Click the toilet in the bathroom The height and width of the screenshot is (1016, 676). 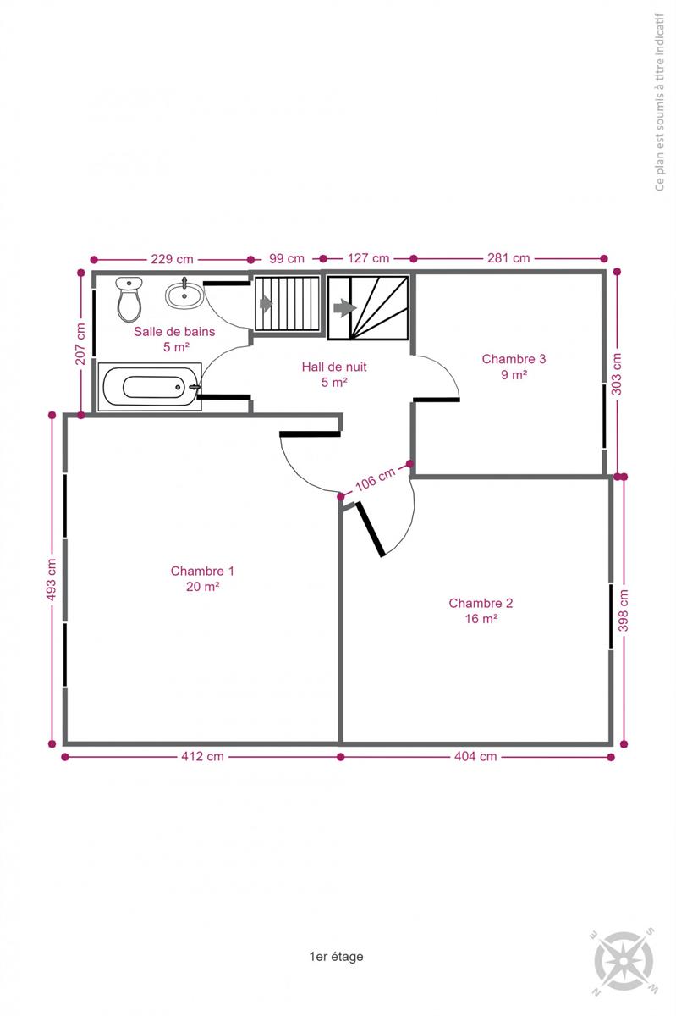[x=129, y=299]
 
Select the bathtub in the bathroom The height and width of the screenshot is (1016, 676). [x=150, y=387]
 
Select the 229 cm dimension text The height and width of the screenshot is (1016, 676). [x=172, y=259]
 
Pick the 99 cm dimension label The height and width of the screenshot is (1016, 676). [x=287, y=258]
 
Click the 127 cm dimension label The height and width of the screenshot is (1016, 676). [x=368, y=258]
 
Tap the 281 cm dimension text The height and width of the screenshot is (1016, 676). [x=508, y=258]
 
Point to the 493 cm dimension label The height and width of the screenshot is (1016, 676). [x=52, y=579]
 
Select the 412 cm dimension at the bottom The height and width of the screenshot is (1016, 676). [x=202, y=757]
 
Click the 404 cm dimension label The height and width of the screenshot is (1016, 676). [x=475, y=757]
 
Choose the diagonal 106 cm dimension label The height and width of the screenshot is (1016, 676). [x=375, y=479]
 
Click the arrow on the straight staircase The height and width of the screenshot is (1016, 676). [x=266, y=303]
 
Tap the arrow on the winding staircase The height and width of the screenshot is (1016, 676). [x=345, y=308]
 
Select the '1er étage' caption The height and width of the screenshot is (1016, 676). [x=336, y=956]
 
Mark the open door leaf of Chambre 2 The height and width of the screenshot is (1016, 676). [x=371, y=529]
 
